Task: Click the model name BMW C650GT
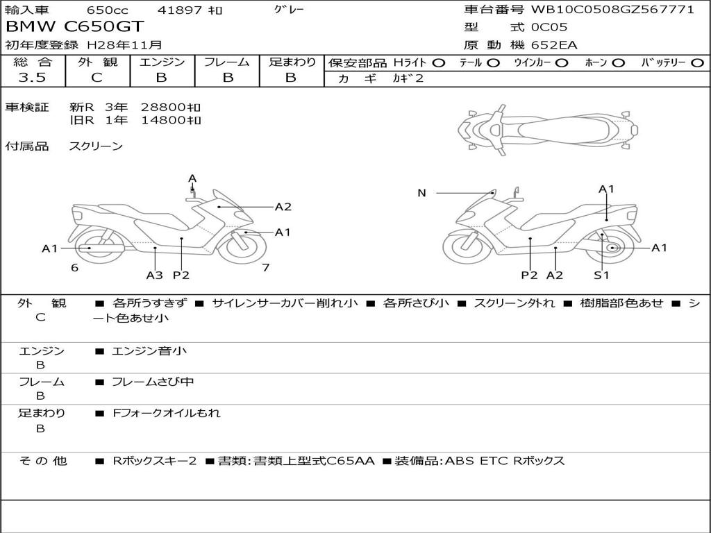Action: pos(75,27)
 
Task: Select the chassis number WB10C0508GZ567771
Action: pos(612,10)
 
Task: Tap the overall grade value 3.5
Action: pos(32,78)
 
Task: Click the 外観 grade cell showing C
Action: pos(97,78)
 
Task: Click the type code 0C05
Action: pos(549,28)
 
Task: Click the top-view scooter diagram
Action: pos(547,128)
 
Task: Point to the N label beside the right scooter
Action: pos(421,193)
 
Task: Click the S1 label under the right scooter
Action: pos(601,276)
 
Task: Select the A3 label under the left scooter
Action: pos(154,276)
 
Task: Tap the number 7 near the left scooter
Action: pos(265,268)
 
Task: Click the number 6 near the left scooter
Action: pos(74,268)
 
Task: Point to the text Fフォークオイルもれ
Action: pos(167,413)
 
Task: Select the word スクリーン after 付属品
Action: pos(96,146)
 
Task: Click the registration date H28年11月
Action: pos(125,45)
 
